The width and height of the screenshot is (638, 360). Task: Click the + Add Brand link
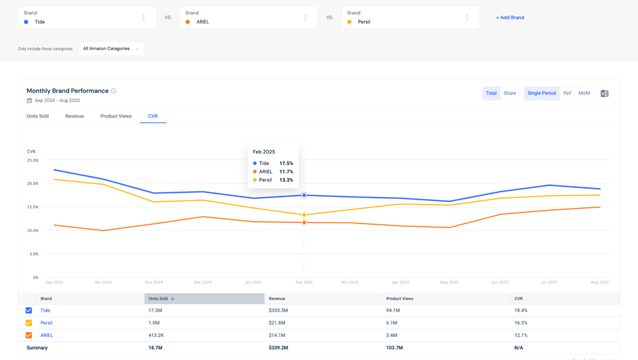[x=510, y=18]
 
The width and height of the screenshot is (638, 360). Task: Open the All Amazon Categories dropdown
[x=111, y=49]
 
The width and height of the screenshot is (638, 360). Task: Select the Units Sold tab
[x=37, y=116]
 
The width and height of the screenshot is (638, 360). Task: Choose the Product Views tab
[x=116, y=116]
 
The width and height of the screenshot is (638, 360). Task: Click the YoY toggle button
[x=567, y=93]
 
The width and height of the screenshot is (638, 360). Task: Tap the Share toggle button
[x=510, y=93]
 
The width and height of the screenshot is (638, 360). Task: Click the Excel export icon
[x=604, y=94]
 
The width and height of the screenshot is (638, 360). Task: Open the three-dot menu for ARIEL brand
[x=305, y=18]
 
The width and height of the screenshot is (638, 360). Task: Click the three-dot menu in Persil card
[x=467, y=18]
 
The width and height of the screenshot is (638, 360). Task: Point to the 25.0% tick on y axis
[x=33, y=160]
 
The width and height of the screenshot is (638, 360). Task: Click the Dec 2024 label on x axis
[x=203, y=282]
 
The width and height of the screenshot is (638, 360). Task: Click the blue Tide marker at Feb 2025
[x=304, y=195]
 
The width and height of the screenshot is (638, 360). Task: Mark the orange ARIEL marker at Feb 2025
[x=304, y=222]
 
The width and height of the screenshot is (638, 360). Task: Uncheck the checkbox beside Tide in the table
[x=29, y=310]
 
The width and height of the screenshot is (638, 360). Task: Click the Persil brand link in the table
[x=46, y=323]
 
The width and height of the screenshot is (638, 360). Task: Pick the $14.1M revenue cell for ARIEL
[x=277, y=335]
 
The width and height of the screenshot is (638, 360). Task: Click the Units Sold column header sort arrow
[x=172, y=299]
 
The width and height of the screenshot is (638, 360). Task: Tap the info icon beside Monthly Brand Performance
[x=114, y=91]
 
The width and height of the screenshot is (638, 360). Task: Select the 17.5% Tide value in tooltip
[x=286, y=164]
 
